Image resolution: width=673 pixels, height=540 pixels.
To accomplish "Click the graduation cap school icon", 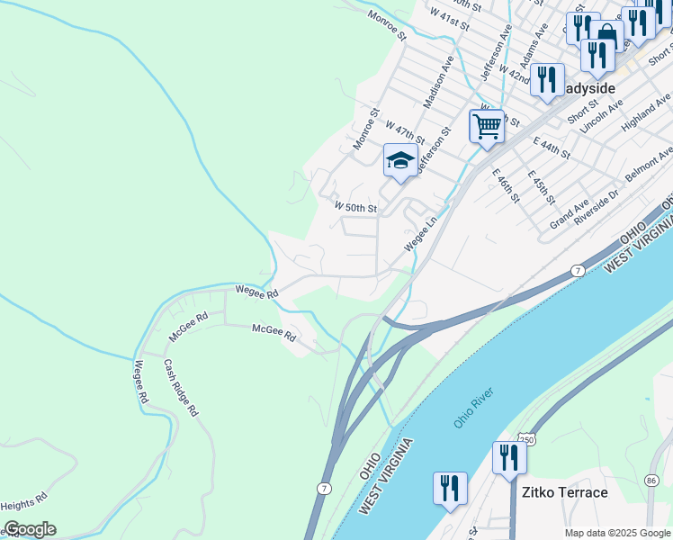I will click(x=400, y=161).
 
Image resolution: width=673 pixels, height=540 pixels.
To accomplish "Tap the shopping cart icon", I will click(x=487, y=126).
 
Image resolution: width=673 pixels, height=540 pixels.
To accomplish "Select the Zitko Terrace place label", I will click(x=564, y=492).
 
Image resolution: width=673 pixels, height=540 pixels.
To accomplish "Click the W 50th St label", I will click(x=354, y=207).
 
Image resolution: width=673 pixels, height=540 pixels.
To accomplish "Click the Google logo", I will click(x=29, y=529).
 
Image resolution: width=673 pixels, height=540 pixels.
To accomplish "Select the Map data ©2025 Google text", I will click(x=617, y=533).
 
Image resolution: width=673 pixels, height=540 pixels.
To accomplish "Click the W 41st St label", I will click(x=449, y=19).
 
